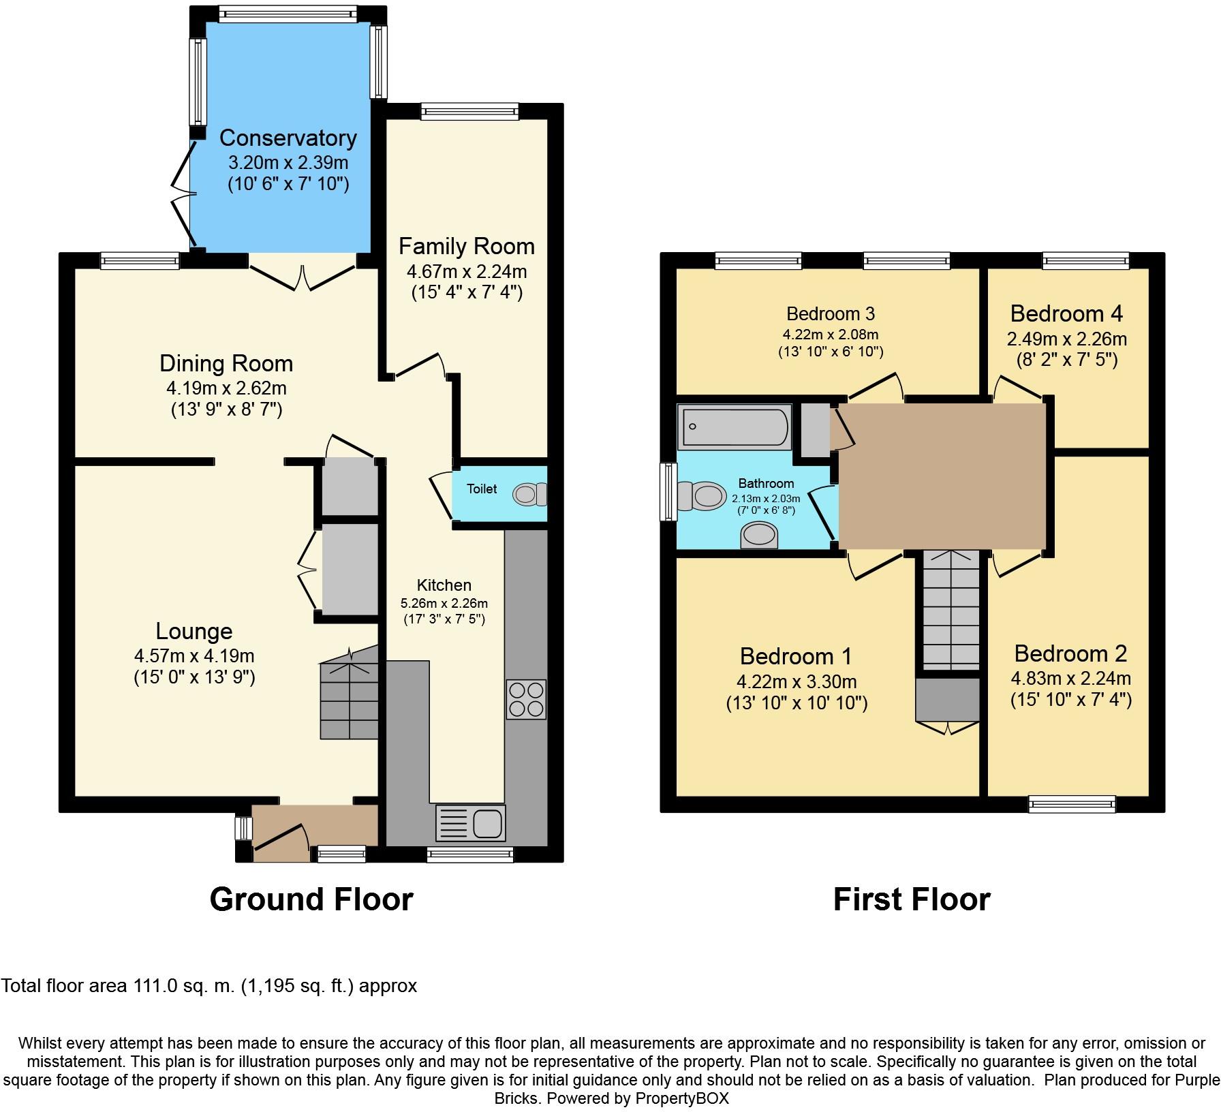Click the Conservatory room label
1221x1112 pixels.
288,138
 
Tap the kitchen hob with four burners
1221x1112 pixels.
526,699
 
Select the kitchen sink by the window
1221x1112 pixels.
471,822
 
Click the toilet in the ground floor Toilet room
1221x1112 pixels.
530,494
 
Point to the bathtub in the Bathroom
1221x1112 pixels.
735,427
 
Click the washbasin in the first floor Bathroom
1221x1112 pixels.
758,536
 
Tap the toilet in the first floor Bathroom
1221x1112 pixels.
702,495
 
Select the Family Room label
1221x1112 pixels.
467,246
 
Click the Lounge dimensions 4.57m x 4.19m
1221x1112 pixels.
194,656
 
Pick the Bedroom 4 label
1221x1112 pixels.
1066,313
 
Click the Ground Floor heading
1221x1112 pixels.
311,899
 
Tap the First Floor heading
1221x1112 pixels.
912,899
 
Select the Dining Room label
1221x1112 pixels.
226,363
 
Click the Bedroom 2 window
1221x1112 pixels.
1072,805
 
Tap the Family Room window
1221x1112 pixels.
470,111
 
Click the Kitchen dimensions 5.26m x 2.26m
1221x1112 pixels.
444,604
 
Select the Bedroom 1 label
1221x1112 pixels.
796,656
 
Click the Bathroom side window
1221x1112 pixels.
668,493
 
